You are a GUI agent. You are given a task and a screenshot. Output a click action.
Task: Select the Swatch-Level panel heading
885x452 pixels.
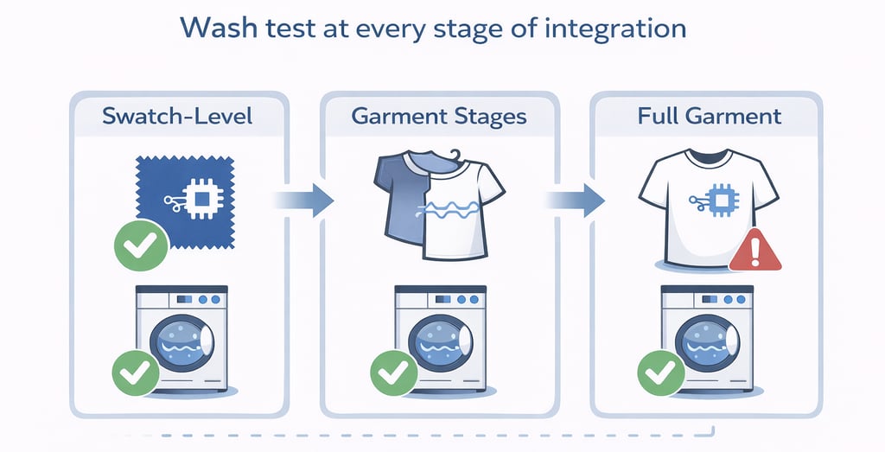[177, 116]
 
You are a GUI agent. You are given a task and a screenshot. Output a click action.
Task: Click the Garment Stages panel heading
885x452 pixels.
[440, 116]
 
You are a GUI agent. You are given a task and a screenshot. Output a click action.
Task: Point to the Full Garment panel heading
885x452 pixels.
[710, 116]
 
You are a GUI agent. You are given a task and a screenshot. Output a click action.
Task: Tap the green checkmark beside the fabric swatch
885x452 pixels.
[140, 245]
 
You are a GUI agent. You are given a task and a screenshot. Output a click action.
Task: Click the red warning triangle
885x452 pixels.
[754, 251]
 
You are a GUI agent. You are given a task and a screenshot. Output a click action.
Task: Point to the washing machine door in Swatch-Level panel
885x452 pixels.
[184, 342]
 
